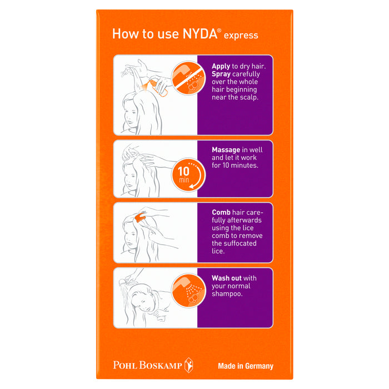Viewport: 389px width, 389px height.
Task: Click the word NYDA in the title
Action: [x=200, y=33]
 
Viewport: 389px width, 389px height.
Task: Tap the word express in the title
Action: [x=241, y=36]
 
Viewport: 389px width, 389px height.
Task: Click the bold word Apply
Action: [x=221, y=67]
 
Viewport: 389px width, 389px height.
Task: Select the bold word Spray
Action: [x=221, y=74]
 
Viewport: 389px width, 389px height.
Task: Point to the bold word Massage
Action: [x=226, y=150]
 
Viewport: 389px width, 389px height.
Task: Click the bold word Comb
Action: [x=221, y=212]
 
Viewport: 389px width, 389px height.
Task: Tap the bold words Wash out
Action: [x=227, y=278]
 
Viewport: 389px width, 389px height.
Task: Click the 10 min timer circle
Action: [x=188, y=174]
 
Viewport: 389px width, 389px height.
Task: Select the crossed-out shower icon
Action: [x=188, y=78]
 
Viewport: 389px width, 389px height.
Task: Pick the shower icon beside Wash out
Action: [x=188, y=290]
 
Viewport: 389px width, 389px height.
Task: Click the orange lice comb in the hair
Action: [x=140, y=218]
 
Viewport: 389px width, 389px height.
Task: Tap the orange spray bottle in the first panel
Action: [x=159, y=87]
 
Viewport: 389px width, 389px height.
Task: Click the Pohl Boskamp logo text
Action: [x=147, y=365]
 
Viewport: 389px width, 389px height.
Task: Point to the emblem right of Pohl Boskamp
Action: [x=189, y=365]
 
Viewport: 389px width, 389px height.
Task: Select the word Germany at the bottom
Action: [x=260, y=366]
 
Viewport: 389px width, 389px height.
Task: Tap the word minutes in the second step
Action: [x=245, y=166]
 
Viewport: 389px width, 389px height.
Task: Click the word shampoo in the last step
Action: [x=227, y=294]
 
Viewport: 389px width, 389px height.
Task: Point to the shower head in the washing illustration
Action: [x=123, y=282]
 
